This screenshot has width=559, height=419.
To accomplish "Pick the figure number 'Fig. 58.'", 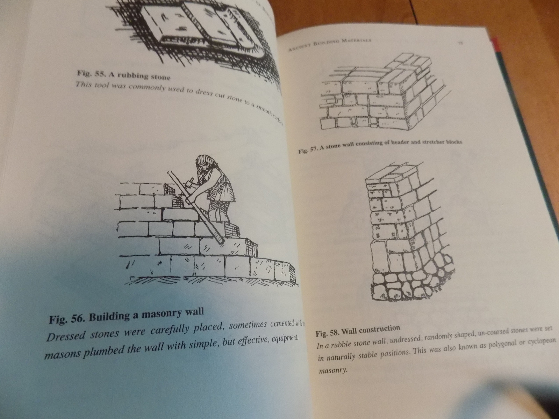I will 326,332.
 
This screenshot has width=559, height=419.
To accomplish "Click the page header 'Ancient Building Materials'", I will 329,45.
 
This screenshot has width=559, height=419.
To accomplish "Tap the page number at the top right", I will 460,44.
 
